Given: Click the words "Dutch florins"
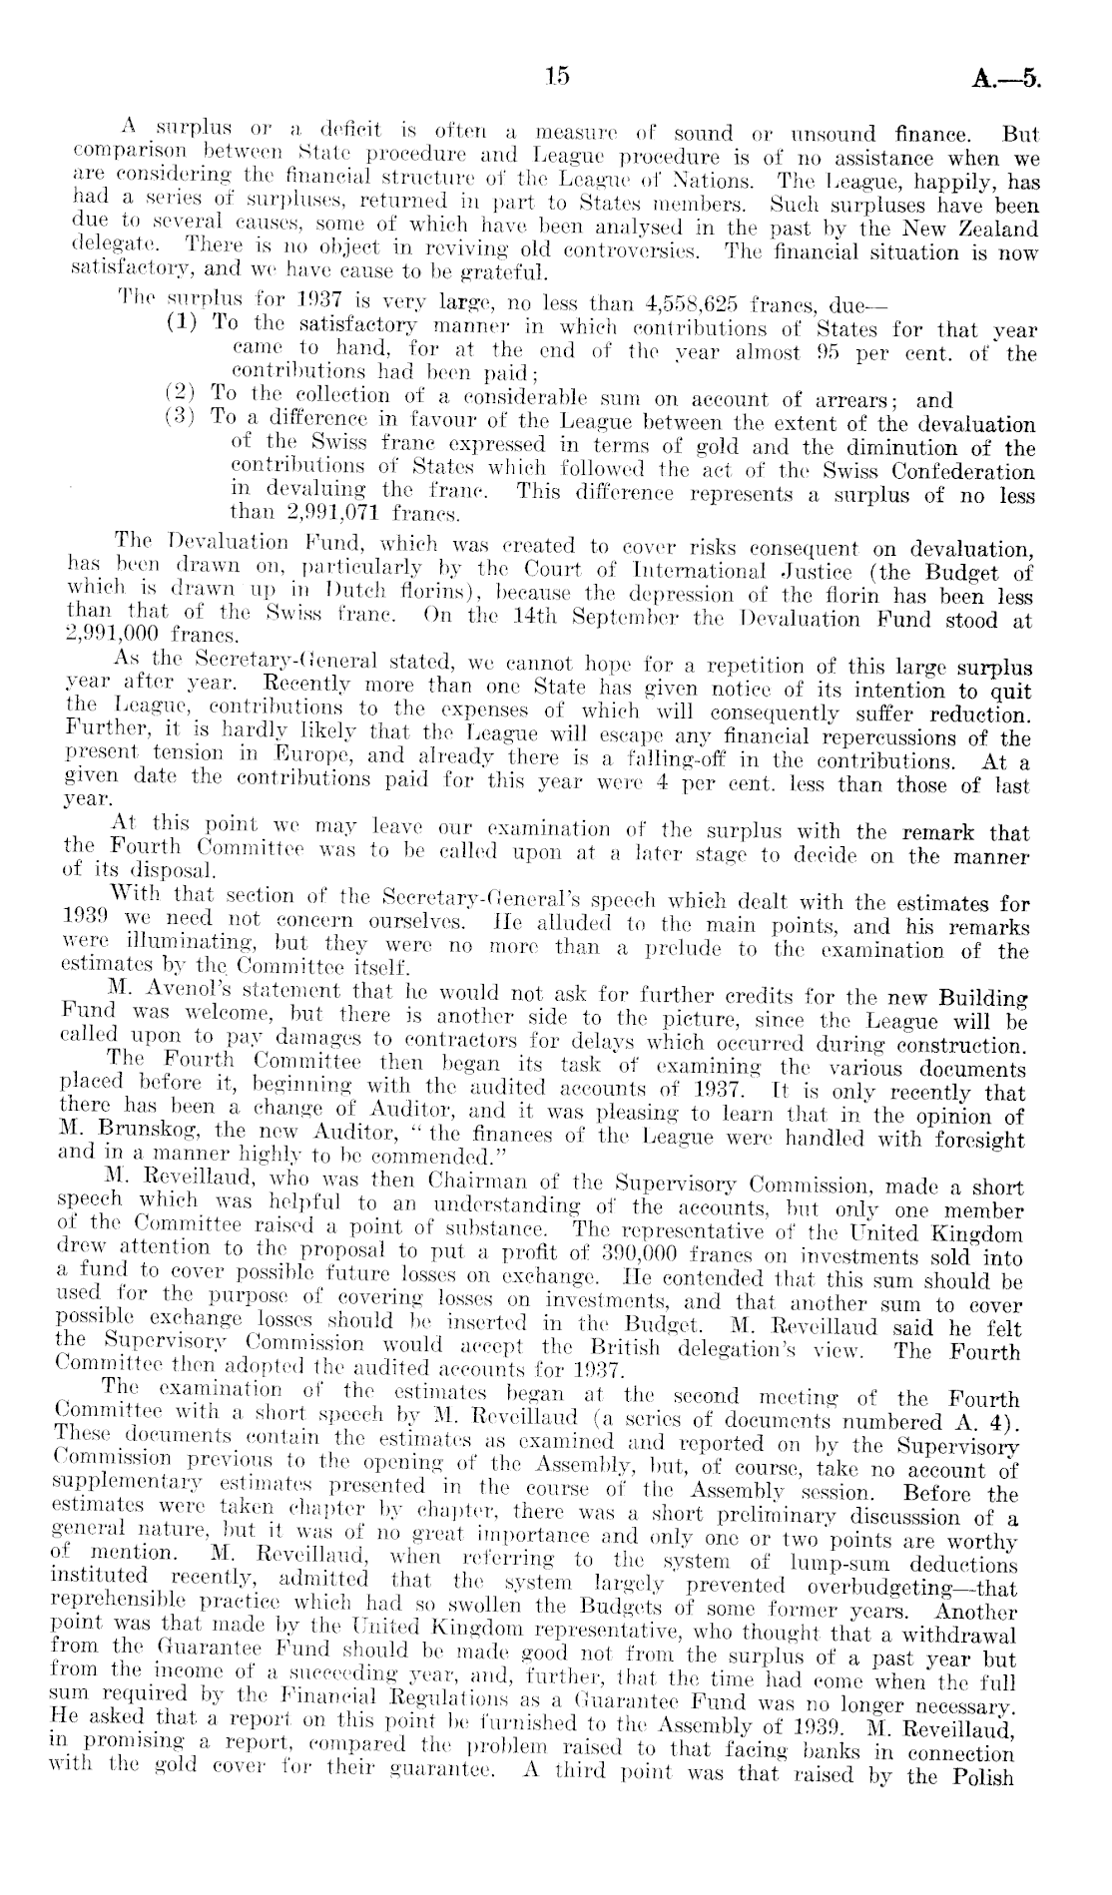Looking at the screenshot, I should tap(280, 597).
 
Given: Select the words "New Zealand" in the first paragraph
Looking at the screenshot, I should tap(968, 230).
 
